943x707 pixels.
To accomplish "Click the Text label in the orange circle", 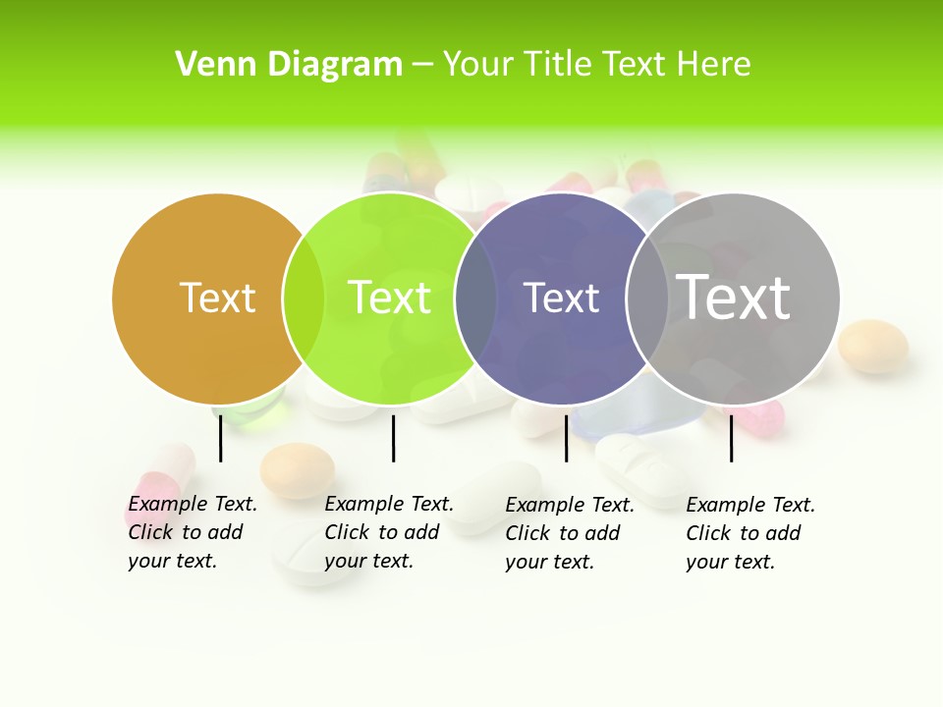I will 217,298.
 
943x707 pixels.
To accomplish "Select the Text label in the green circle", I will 389,298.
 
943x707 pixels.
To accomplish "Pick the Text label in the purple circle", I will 562,298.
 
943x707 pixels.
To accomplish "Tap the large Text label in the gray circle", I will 734,297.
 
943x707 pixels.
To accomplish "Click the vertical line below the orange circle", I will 220,438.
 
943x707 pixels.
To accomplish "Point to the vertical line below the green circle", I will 393,438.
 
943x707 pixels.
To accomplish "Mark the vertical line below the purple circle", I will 566,438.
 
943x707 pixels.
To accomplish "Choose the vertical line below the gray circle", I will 731,438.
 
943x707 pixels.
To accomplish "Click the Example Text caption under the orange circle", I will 193,532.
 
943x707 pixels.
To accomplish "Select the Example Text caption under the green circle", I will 389,532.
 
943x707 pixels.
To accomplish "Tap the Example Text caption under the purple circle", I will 570,533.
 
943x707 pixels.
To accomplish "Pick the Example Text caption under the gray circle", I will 750,533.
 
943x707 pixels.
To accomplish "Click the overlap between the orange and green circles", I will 304,298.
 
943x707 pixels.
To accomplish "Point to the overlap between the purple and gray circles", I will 647,298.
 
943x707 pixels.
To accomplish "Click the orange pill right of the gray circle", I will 872,346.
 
